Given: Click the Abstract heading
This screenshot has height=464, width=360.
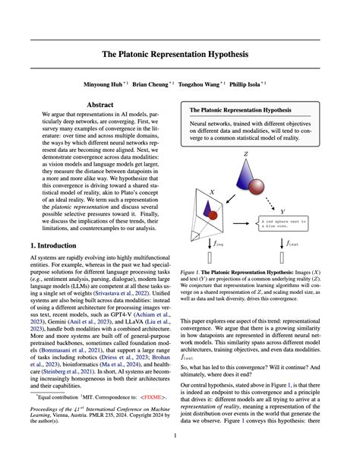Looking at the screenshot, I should pos(100,106).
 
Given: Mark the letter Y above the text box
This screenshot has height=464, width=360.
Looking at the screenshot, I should pos(283,211).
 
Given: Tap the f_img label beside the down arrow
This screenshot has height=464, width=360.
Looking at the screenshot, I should pos(220,244).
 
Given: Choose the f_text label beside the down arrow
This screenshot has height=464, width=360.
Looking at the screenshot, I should pos(294,244).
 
